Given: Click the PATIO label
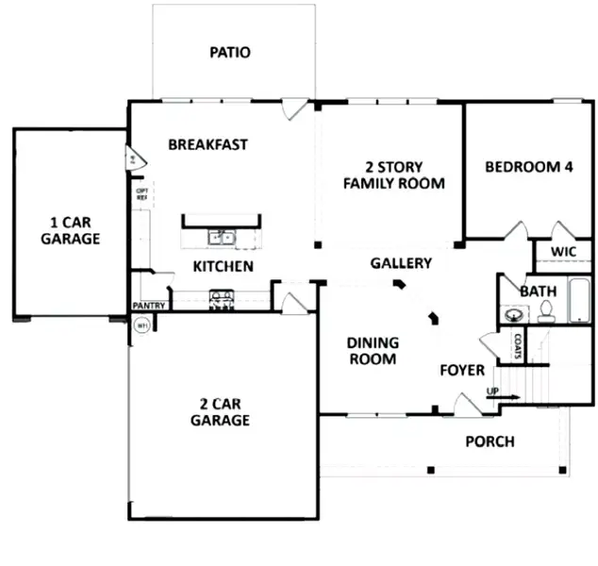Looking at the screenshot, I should pyautogui.click(x=230, y=52).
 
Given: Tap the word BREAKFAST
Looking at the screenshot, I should pyautogui.click(x=208, y=144).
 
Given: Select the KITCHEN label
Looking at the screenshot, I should pyautogui.click(x=223, y=266).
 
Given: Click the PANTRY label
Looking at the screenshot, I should pyautogui.click(x=149, y=306).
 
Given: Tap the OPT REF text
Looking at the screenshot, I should pyautogui.click(x=142, y=195).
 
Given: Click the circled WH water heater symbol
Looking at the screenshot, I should pyautogui.click(x=142, y=325).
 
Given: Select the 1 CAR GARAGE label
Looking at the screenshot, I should pyautogui.click(x=70, y=231).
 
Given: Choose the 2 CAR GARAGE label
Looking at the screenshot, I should pyautogui.click(x=220, y=412).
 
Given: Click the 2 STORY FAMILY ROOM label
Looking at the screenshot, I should pyautogui.click(x=393, y=175).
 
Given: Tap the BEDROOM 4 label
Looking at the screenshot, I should pyautogui.click(x=528, y=167).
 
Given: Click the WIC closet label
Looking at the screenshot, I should pyautogui.click(x=563, y=252).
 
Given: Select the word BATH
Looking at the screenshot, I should pyautogui.click(x=538, y=291).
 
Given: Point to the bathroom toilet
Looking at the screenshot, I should pyautogui.click(x=545, y=315).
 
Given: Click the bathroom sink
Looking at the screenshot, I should pyautogui.click(x=515, y=315).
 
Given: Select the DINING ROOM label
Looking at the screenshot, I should pyautogui.click(x=373, y=351).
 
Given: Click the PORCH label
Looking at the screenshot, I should pyautogui.click(x=490, y=441).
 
